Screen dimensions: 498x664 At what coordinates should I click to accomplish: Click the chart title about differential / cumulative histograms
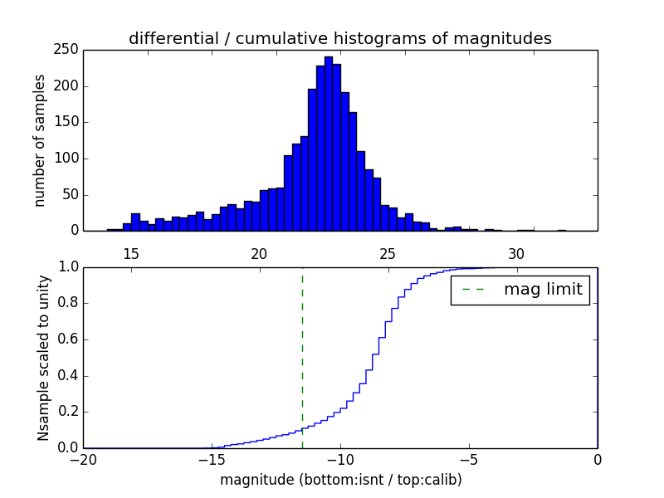point(339,38)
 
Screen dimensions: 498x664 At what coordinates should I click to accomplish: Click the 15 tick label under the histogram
point(130,253)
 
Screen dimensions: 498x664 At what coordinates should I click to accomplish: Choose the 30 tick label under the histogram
point(516,253)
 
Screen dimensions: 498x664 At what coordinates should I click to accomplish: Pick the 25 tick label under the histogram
point(388,253)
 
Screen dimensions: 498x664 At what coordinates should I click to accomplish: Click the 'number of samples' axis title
point(40,139)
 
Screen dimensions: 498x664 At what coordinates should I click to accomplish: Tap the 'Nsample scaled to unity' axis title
point(43,357)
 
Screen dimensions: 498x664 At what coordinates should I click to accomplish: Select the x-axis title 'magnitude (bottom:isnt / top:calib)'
point(340,479)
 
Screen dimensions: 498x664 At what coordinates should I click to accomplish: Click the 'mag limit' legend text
point(542,290)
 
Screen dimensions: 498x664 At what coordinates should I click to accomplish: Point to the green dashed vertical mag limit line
point(302,357)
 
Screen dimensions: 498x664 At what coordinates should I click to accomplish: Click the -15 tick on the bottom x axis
point(212,459)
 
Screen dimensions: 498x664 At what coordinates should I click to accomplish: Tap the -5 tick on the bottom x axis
point(469,459)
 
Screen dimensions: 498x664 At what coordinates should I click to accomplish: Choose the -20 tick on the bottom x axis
point(83,459)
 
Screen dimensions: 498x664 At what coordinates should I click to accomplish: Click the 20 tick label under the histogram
point(259,253)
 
